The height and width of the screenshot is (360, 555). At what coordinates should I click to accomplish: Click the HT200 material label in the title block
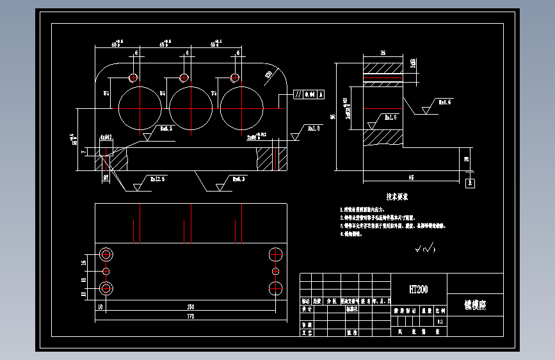(419, 290)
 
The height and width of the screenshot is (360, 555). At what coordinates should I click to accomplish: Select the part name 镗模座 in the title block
(474, 305)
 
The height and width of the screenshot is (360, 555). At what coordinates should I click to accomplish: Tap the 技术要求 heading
(397, 197)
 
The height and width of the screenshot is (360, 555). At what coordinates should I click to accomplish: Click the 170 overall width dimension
(190, 316)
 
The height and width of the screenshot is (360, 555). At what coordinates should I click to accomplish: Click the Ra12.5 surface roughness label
(157, 180)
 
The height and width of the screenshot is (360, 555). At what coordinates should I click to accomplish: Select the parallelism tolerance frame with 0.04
(309, 94)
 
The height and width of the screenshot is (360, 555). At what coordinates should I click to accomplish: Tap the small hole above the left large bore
(133, 78)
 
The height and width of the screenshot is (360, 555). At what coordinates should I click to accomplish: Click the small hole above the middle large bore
(184, 78)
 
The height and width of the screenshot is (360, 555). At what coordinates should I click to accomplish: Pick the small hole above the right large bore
(234, 78)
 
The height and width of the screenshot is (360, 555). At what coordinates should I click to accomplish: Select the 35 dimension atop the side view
(383, 53)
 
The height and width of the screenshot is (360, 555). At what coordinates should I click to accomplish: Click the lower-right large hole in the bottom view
(276, 288)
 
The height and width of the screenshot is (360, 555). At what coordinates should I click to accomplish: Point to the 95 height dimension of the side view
(333, 117)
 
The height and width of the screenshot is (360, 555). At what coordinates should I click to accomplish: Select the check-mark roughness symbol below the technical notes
(424, 248)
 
